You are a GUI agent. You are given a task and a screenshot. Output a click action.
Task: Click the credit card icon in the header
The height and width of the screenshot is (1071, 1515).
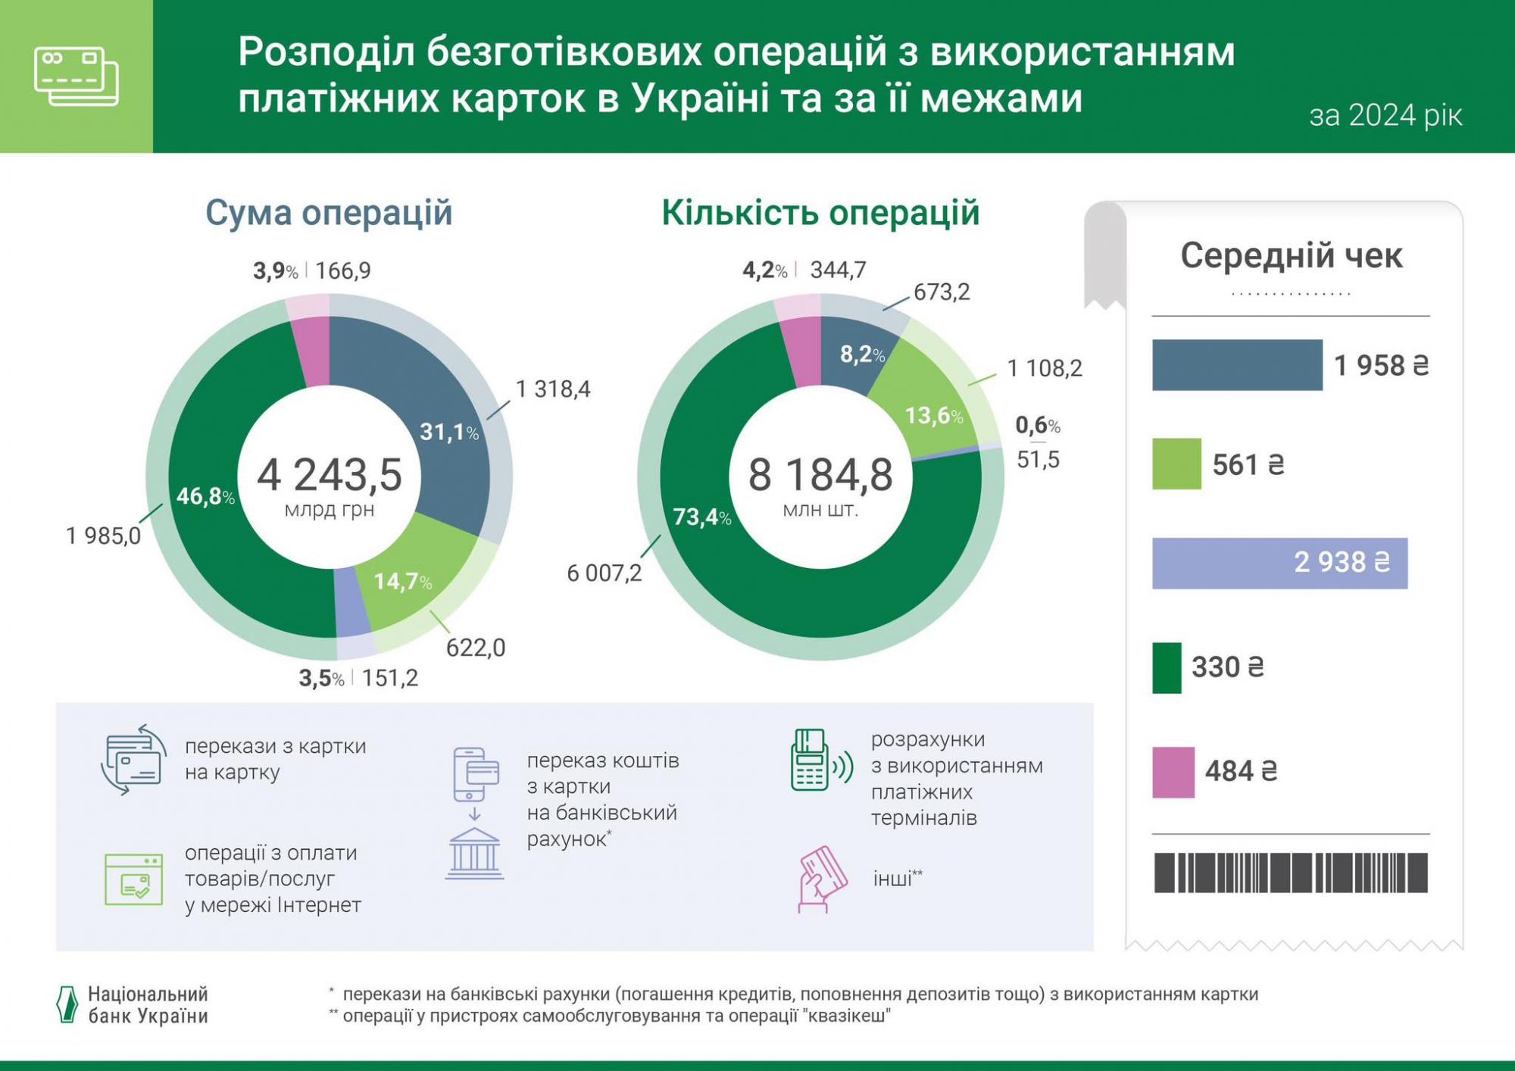(77, 76)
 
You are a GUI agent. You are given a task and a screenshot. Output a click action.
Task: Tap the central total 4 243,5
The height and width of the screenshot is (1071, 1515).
(330, 476)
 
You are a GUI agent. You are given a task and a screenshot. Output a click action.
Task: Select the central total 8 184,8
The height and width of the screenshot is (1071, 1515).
(820, 476)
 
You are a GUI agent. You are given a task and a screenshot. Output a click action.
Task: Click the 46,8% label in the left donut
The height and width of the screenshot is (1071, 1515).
(205, 497)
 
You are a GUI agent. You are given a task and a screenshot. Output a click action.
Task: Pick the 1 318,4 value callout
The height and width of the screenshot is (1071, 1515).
(553, 389)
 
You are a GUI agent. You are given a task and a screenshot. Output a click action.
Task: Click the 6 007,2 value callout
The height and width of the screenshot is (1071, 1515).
(604, 573)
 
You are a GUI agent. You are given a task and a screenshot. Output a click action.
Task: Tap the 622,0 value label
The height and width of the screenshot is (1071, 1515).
(476, 648)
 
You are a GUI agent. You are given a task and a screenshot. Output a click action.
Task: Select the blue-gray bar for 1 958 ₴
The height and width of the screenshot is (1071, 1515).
(1237, 365)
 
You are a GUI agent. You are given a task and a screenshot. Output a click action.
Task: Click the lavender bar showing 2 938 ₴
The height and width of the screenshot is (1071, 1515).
(1279, 563)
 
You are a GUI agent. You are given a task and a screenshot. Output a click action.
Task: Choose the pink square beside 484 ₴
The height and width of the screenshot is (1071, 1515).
(1173, 772)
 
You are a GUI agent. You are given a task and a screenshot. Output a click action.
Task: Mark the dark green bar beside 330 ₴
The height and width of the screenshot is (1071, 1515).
(1167, 667)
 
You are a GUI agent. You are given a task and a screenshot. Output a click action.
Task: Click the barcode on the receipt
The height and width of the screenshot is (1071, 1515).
(1291, 872)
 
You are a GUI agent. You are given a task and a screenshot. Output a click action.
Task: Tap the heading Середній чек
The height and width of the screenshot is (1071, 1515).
(1291, 256)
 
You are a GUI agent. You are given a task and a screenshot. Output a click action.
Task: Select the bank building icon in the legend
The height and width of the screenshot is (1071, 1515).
(474, 854)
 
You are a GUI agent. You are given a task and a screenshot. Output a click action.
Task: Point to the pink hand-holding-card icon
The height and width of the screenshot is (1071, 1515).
(821, 879)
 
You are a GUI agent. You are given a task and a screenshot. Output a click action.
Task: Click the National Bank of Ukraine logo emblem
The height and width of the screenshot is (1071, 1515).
(67, 1005)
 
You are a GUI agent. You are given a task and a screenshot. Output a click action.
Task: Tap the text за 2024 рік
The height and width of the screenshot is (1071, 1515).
(1385, 116)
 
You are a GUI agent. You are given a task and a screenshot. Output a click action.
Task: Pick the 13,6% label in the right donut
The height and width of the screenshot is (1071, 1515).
(934, 416)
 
